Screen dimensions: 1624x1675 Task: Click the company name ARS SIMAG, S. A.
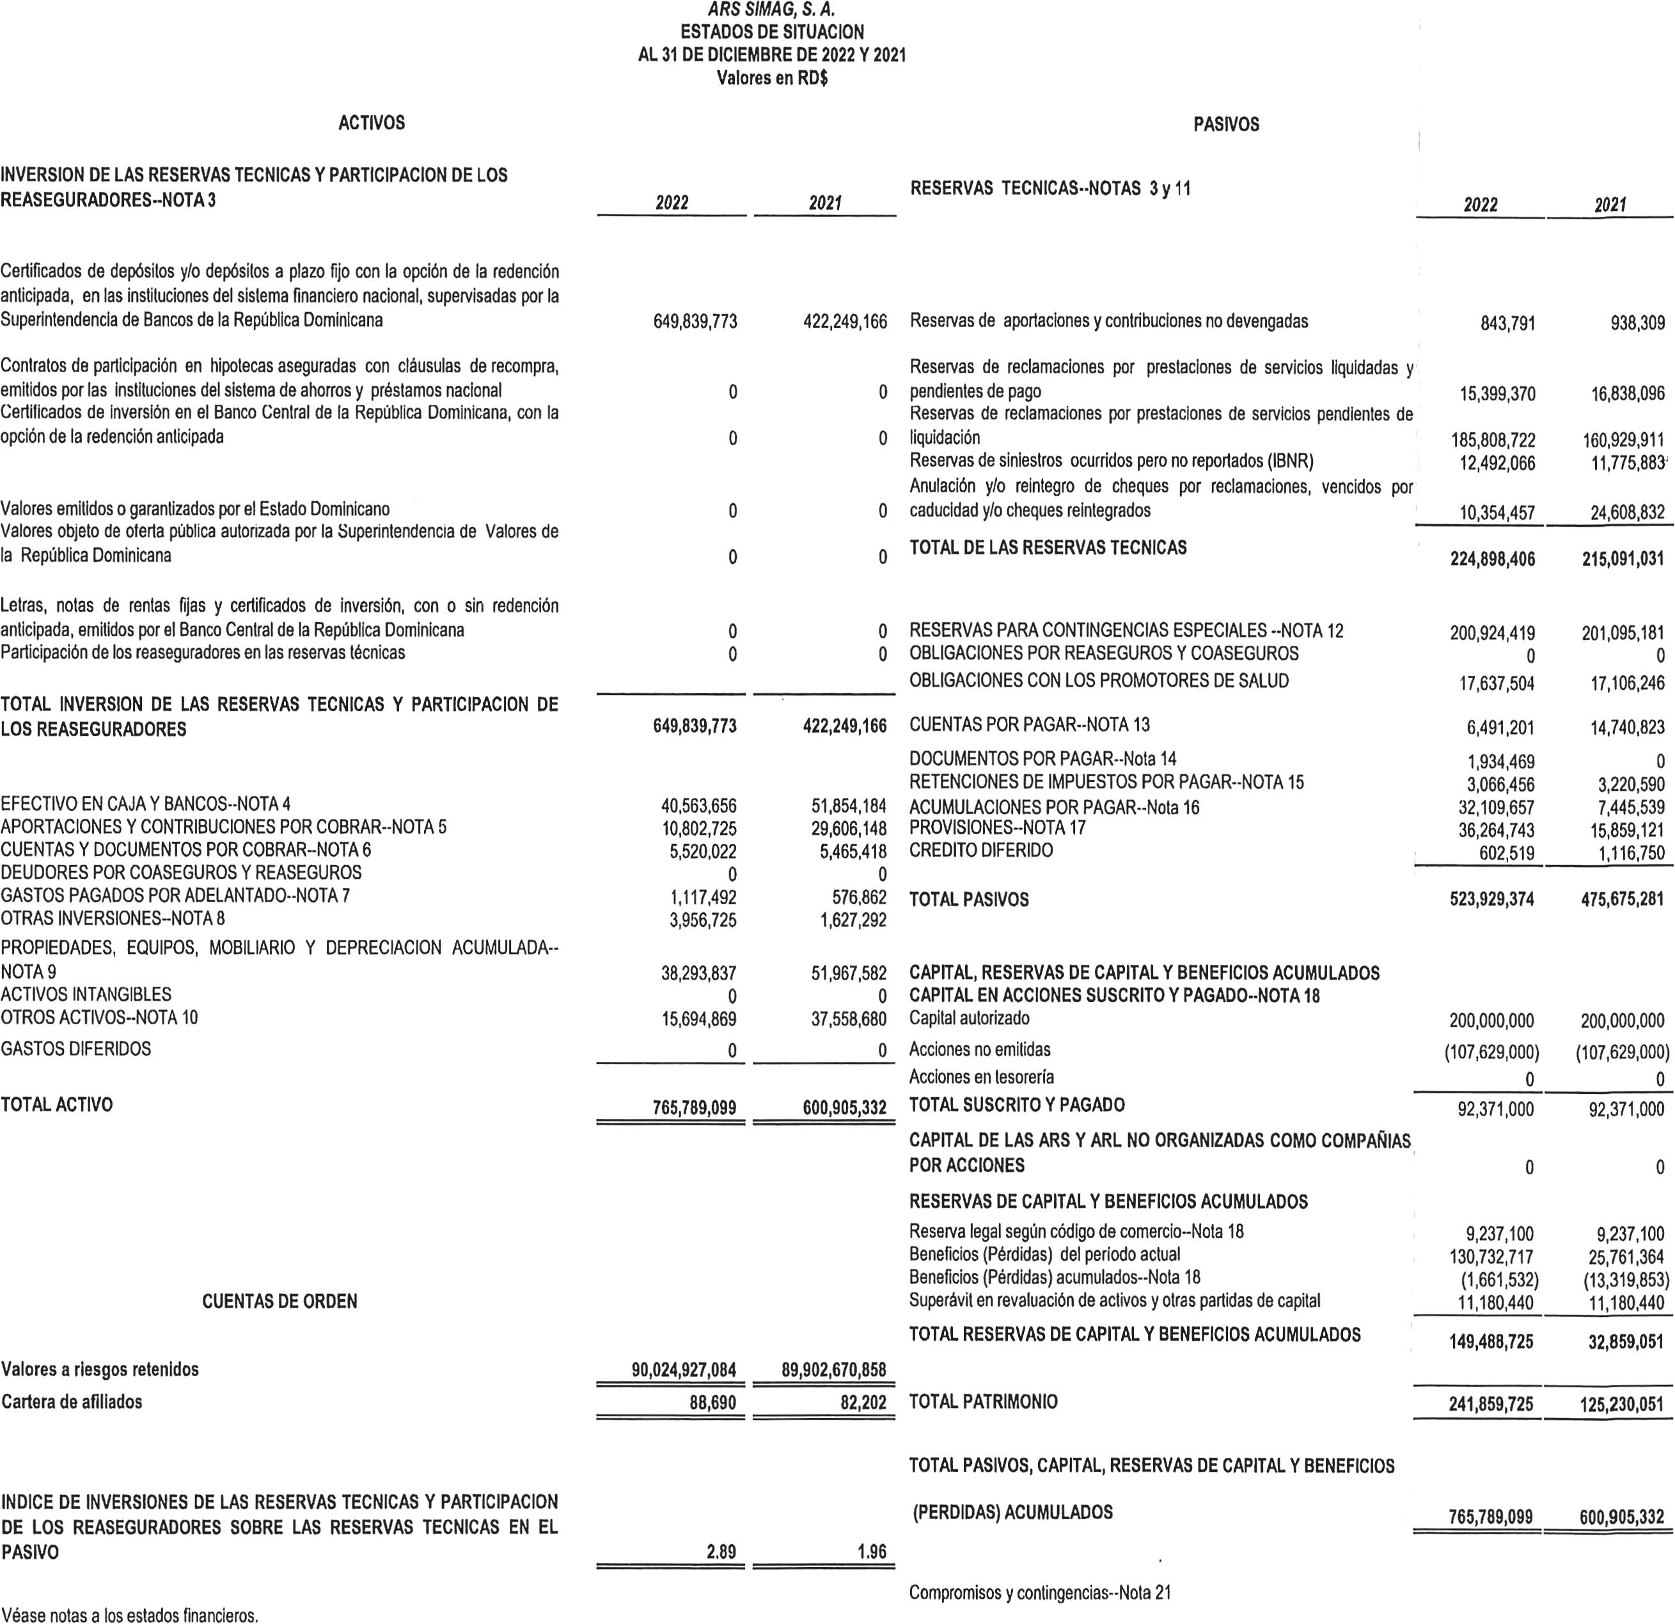coord(772,11)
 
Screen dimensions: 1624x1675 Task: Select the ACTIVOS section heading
coord(372,123)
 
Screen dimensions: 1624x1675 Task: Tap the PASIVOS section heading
coord(1225,125)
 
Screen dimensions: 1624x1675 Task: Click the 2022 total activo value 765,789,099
coord(693,1109)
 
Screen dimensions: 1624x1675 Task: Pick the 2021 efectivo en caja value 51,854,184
coord(848,806)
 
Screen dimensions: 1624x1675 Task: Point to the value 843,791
coord(1507,324)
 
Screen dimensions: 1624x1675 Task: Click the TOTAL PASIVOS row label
coord(969,900)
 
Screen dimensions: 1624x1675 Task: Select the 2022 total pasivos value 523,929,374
coord(1491,900)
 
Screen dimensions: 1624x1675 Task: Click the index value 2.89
coord(721,1551)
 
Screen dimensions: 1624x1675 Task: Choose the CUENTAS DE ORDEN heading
coord(279,1302)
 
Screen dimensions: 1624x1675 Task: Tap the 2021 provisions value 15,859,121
coord(1622,831)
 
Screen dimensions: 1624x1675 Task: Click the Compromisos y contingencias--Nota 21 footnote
coord(1040,1593)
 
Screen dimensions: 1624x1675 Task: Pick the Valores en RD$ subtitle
coord(772,79)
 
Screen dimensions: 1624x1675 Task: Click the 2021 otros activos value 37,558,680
coord(848,1019)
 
